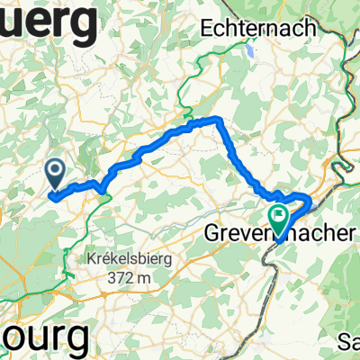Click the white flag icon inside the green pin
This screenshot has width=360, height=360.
(279, 216)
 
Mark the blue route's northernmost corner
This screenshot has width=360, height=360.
(216, 119)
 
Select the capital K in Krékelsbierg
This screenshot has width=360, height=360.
(93, 258)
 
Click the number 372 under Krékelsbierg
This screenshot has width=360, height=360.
(115, 276)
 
